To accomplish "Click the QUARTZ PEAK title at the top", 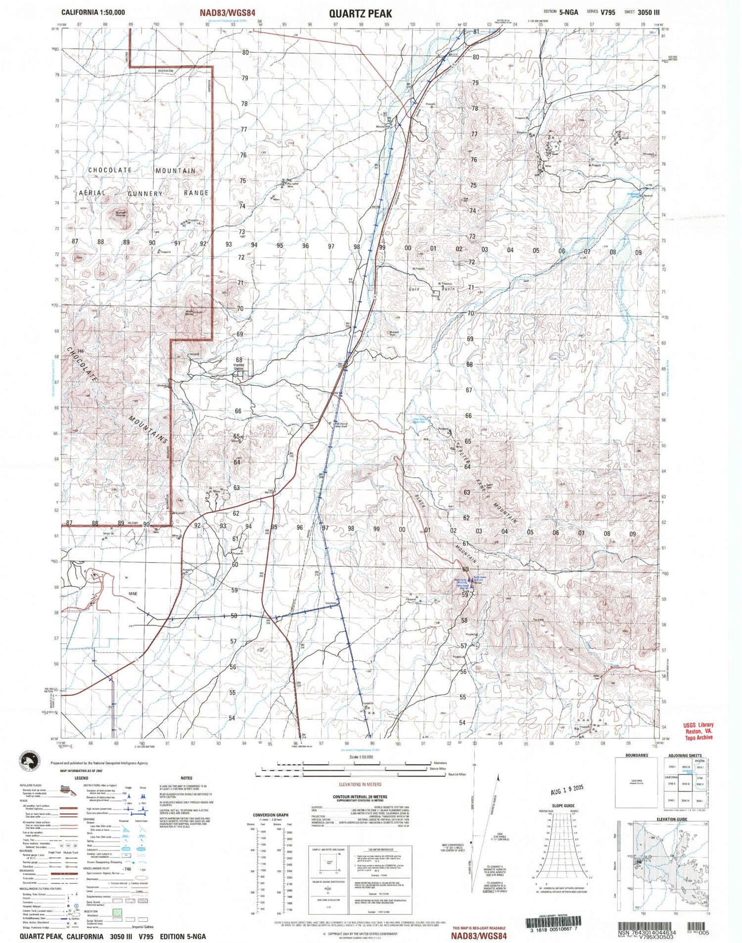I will tap(360, 13).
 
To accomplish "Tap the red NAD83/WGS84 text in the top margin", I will tap(228, 13).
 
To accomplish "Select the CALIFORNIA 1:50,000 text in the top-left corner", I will tap(93, 12).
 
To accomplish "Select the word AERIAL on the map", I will tap(93, 193).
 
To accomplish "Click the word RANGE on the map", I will tap(196, 193).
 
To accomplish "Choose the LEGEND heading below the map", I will tap(81, 778).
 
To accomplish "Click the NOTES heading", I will tap(186, 778).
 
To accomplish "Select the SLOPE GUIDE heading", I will tap(563, 805).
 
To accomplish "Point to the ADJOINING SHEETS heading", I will tap(685, 756).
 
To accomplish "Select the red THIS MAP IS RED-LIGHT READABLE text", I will tap(479, 928).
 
